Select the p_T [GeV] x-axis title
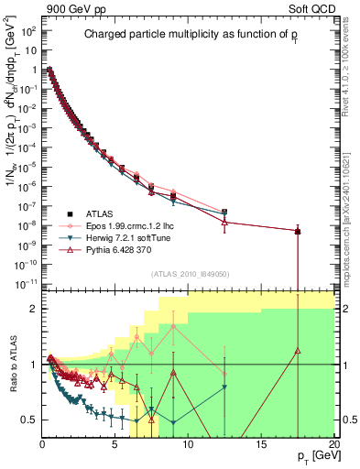[315, 455]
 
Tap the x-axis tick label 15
[261, 444]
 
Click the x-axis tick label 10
[188, 444]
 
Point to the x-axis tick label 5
[115, 444]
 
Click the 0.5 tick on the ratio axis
[29, 420]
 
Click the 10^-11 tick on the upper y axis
[26, 283]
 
